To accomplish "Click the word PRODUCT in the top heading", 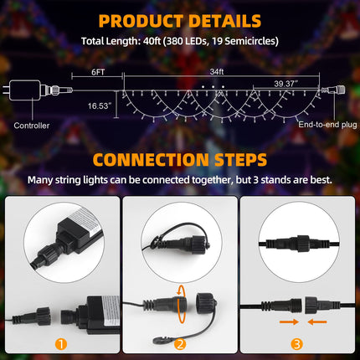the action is pyautogui.click(x=141, y=21).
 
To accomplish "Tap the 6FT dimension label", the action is pyautogui.click(x=98, y=72).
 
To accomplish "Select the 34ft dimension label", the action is pyautogui.click(x=217, y=72).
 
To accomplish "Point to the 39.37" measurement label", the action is pyautogui.click(x=285, y=84).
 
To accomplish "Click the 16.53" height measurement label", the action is pyautogui.click(x=100, y=106).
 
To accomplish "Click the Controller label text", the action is pyautogui.click(x=32, y=126).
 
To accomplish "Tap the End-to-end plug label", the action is pyautogui.click(x=327, y=125).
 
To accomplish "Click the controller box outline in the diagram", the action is pyautogui.click(x=25, y=90).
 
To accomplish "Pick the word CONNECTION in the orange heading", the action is pyautogui.click(x=151, y=160).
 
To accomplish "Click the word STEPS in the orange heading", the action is pyautogui.click(x=241, y=160).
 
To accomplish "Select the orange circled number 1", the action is pyautogui.click(x=61, y=344).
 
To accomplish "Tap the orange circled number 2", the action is pyautogui.click(x=180, y=344).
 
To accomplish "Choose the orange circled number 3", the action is pyautogui.click(x=296, y=344).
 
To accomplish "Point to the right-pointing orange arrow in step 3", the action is pyautogui.click(x=289, y=322).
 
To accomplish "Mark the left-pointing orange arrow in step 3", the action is pyautogui.click(x=317, y=322).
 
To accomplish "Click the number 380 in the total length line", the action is pyautogui.click(x=176, y=41).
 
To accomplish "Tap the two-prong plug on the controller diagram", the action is pyautogui.click(x=6, y=90).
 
